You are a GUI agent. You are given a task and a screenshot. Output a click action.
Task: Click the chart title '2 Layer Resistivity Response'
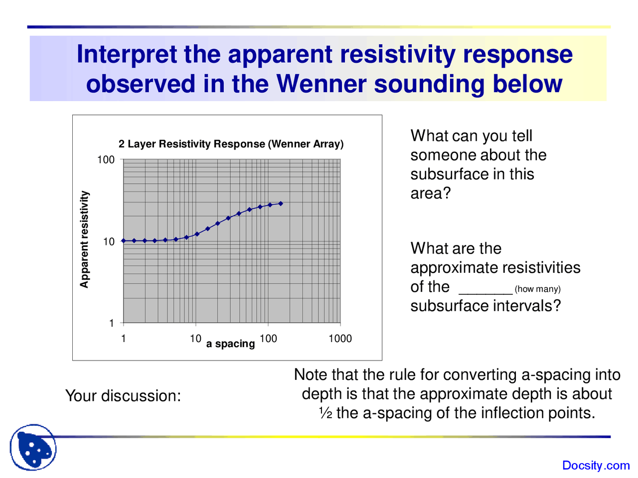coord(231,144)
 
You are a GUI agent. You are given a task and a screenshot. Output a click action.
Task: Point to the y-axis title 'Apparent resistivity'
coord(84,239)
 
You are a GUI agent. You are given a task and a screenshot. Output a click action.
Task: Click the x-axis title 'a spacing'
coord(230,344)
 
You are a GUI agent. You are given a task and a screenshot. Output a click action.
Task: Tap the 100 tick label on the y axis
coord(106,160)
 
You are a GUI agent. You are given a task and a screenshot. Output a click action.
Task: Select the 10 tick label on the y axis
coord(109,241)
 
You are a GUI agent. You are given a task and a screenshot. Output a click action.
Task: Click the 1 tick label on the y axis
coord(112,323)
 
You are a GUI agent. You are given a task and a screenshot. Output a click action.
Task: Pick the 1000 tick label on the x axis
coord(340,339)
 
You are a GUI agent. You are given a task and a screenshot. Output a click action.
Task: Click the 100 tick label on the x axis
coord(268,339)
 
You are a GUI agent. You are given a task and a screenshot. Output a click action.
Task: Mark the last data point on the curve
coord(281,203)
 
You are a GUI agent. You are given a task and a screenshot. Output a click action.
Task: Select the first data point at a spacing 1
coord(124,240)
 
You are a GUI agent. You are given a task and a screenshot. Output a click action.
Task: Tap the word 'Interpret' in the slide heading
coord(127,54)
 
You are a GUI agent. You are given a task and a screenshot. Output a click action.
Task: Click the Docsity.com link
coord(596,466)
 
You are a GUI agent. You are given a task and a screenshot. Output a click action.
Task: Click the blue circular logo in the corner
coord(33,447)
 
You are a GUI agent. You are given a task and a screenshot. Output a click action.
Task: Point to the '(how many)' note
coord(537,289)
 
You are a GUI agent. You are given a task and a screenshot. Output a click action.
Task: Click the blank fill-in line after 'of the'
coord(485,291)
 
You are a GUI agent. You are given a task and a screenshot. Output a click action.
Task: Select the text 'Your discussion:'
coord(123,396)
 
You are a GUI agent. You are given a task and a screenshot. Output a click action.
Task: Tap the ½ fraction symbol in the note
coord(325,413)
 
